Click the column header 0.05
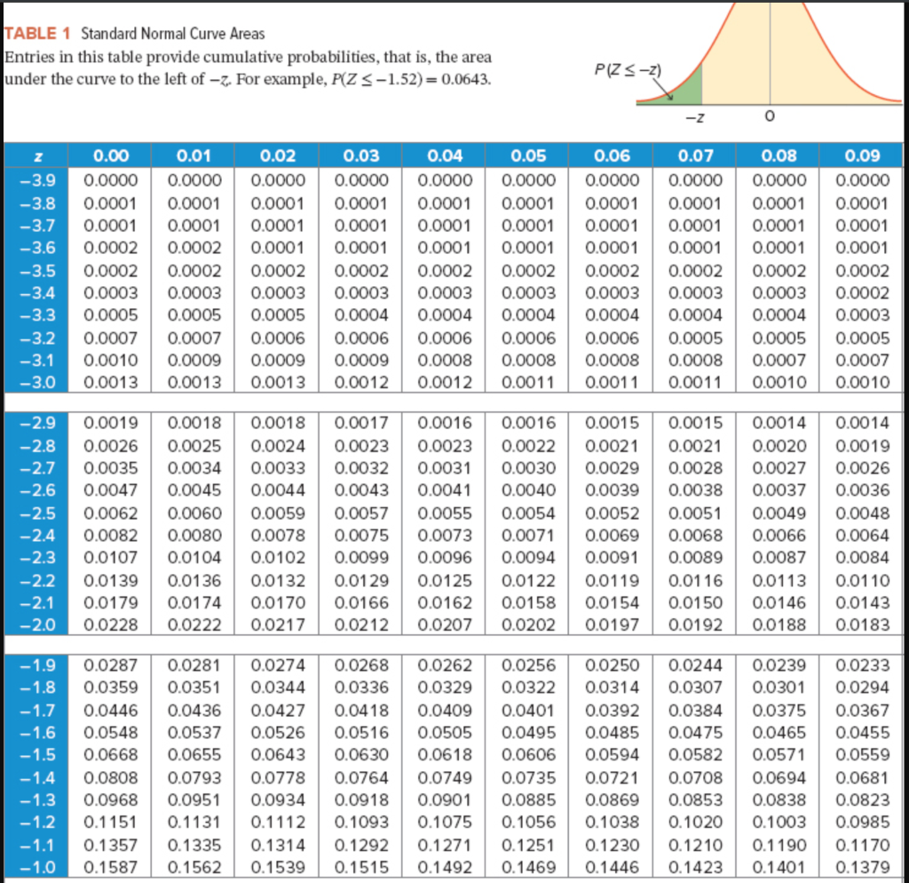pos(528,156)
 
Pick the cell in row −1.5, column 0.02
pos(278,754)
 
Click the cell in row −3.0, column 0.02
pos(278,382)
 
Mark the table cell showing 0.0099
pos(362,558)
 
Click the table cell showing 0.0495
pos(528,732)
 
